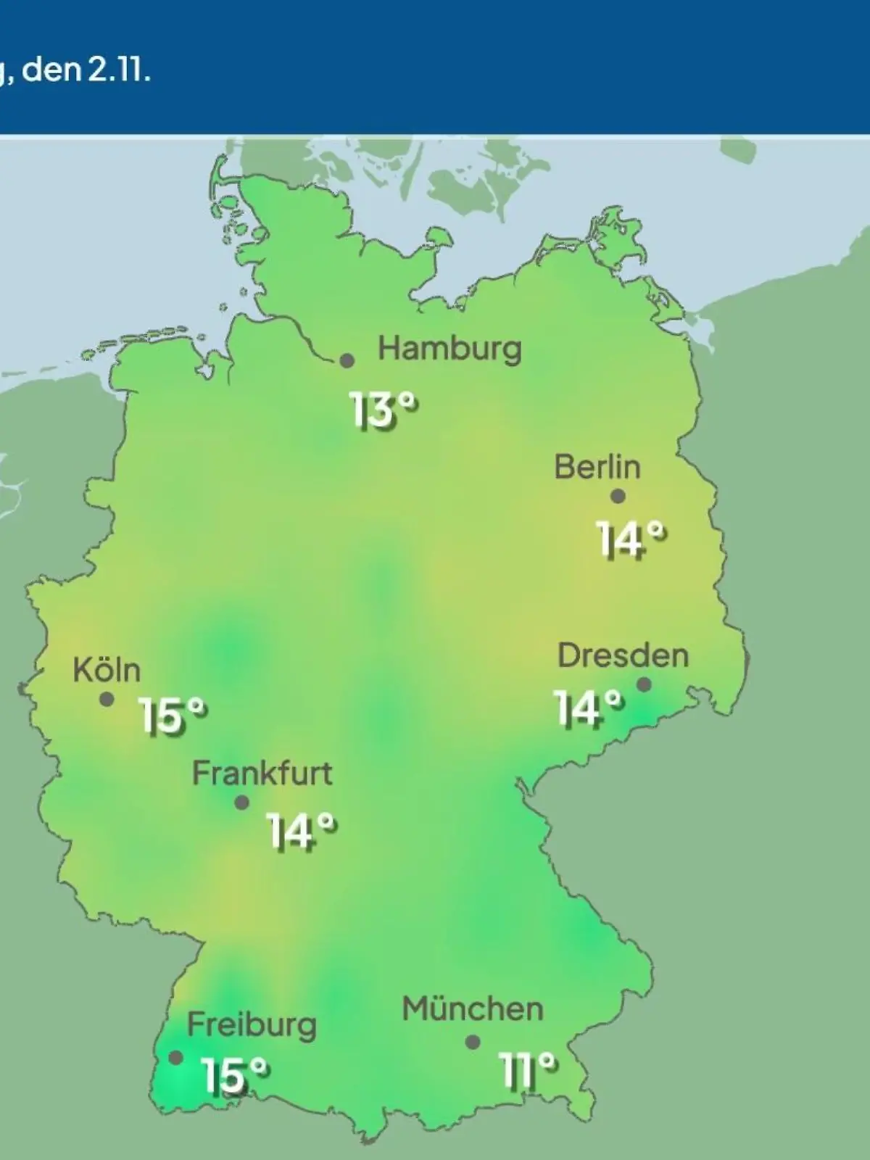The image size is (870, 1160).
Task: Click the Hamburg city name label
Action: [449, 349]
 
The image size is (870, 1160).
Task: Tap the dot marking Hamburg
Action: [347, 360]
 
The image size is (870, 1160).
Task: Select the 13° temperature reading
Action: [384, 411]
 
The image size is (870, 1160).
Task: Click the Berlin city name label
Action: [597, 467]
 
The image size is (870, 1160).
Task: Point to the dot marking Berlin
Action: [618, 497]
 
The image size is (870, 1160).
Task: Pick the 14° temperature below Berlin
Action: [630, 540]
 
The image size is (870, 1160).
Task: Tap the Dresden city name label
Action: [623, 656]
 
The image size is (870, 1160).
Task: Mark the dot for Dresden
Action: [643, 684]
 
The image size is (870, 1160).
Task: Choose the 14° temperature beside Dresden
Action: [588, 708]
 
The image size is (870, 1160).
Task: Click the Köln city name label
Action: [107, 671]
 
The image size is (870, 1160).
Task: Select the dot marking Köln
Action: [107, 700]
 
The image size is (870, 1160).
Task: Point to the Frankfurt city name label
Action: [262, 774]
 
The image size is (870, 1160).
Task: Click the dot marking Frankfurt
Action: [242, 803]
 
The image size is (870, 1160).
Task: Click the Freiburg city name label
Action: [252, 1025]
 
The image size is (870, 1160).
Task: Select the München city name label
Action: [473, 1009]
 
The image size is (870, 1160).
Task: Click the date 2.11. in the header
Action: [120, 72]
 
